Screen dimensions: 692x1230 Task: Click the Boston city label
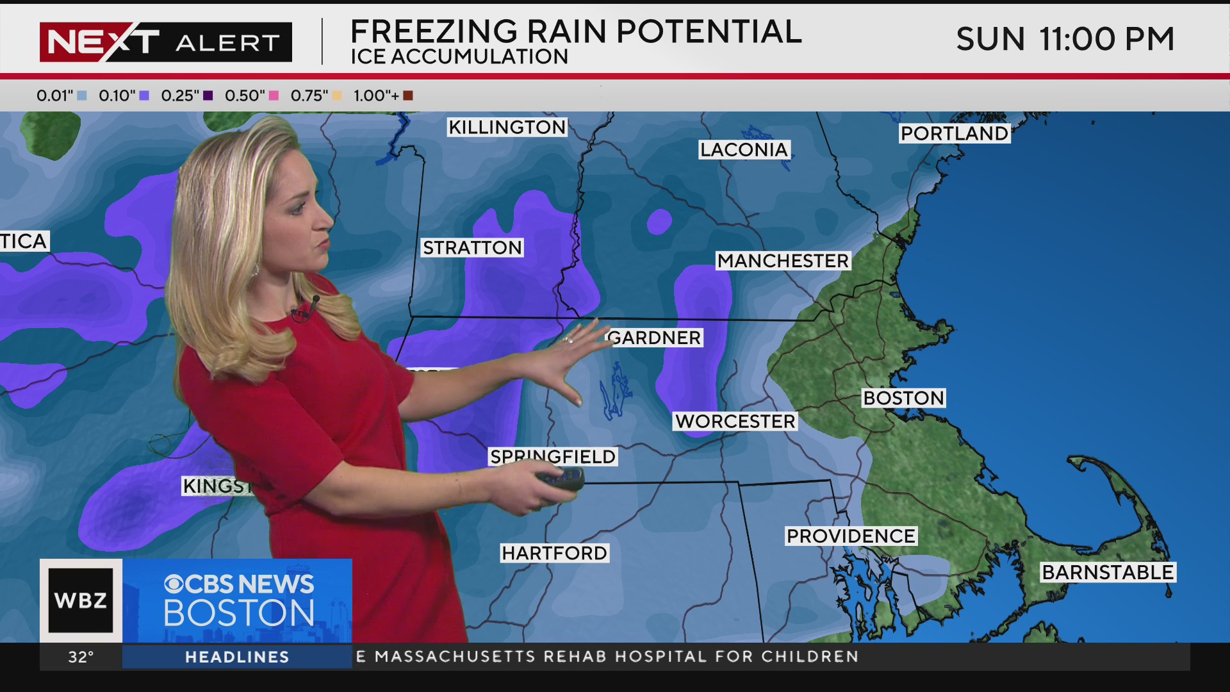(x=903, y=398)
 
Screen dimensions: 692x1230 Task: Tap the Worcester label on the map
(x=735, y=421)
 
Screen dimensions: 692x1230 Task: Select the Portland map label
(x=954, y=133)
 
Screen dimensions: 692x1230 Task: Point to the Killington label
(x=507, y=127)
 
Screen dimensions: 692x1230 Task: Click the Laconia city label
(x=744, y=149)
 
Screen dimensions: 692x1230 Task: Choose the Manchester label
(x=783, y=261)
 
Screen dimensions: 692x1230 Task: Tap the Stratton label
(x=472, y=247)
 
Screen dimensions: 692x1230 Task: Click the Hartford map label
(x=554, y=553)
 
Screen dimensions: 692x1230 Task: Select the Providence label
(x=851, y=536)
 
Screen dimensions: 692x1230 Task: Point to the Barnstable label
(x=1108, y=572)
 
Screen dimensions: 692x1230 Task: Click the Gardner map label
(x=655, y=338)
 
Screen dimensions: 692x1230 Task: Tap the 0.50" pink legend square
(x=274, y=96)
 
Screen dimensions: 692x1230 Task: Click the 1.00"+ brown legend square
(x=408, y=96)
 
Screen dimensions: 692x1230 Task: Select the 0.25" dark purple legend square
(x=208, y=96)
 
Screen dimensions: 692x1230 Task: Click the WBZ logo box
(x=81, y=600)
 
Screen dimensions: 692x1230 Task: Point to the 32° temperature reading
(x=81, y=657)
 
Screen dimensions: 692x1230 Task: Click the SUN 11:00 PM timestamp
(x=1065, y=39)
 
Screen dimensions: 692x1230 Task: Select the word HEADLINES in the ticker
(x=237, y=657)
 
